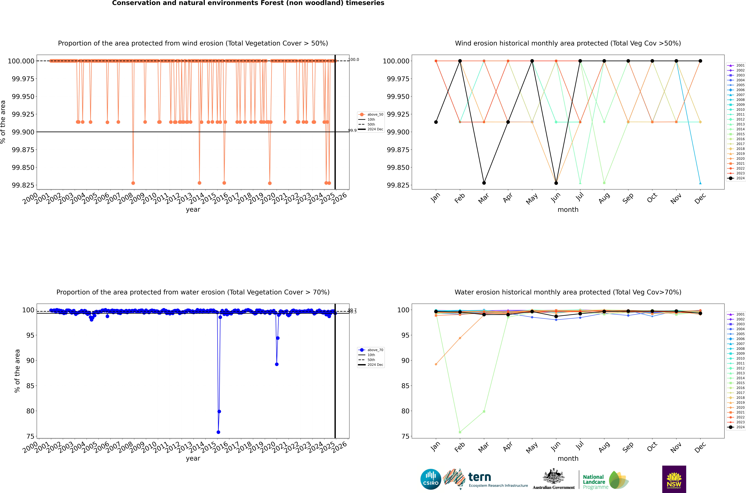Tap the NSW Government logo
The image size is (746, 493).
(674, 479)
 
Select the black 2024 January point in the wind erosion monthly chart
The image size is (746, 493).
(436, 122)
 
